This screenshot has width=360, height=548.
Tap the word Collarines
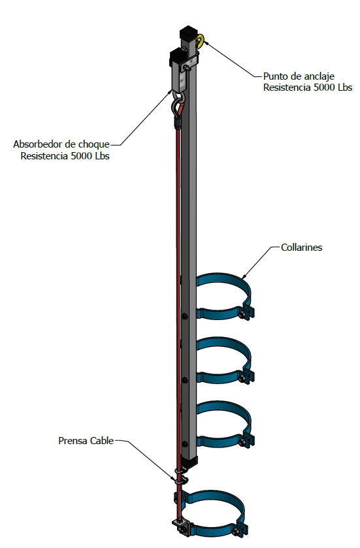301,248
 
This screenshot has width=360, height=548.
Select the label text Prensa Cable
86,441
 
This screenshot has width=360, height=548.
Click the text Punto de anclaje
299,76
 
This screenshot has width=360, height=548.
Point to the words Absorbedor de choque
61,144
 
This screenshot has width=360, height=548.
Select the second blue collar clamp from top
224,360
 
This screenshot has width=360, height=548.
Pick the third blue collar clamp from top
224,424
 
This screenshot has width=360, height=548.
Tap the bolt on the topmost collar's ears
242,315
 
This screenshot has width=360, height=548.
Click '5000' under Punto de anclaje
325,88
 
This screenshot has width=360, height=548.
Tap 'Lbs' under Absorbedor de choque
103,156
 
